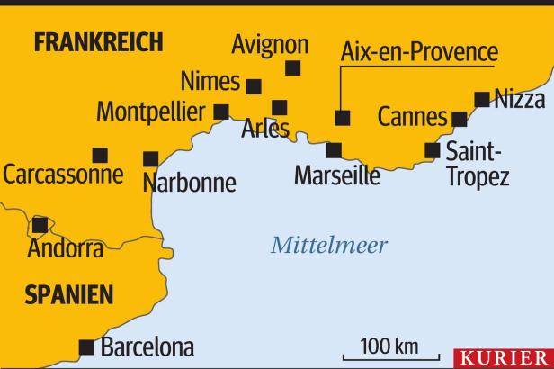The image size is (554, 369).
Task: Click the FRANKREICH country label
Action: pyautogui.click(x=98, y=41)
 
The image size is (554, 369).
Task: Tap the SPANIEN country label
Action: pyautogui.click(x=69, y=294)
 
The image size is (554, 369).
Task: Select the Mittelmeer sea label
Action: pyautogui.click(x=330, y=245)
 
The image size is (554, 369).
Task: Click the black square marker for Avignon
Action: pyautogui.click(x=292, y=68)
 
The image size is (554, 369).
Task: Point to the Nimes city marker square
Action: pyautogui.click(x=254, y=86)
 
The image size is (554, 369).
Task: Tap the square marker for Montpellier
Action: pyautogui.click(x=221, y=112)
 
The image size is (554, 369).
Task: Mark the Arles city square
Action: pyautogui.click(x=280, y=108)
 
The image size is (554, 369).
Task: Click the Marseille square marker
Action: pyautogui.click(x=334, y=150)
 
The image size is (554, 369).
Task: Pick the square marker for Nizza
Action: pyautogui.click(x=483, y=99)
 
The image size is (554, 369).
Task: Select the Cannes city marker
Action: pyautogui.click(x=460, y=119)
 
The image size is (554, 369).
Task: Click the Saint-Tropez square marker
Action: pyautogui.click(x=433, y=150)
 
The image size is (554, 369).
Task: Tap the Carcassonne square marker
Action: pyautogui.click(x=100, y=155)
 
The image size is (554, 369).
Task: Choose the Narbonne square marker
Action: pyautogui.click(x=151, y=159)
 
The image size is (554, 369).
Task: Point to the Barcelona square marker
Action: pyautogui.click(x=87, y=346)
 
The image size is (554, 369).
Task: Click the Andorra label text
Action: pyautogui.click(x=65, y=248)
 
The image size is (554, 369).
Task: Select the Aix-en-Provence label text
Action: pyautogui.click(x=419, y=51)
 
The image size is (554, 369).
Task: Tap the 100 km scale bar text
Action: pyautogui.click(x=389, y=346)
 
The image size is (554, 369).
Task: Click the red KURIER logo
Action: pyautogui.click(x=504, y=357)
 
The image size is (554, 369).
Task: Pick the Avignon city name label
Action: pyautogui.click(x=270, y=44)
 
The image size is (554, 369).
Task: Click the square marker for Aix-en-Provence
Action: pyautogui.click(x=341, y=118)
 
